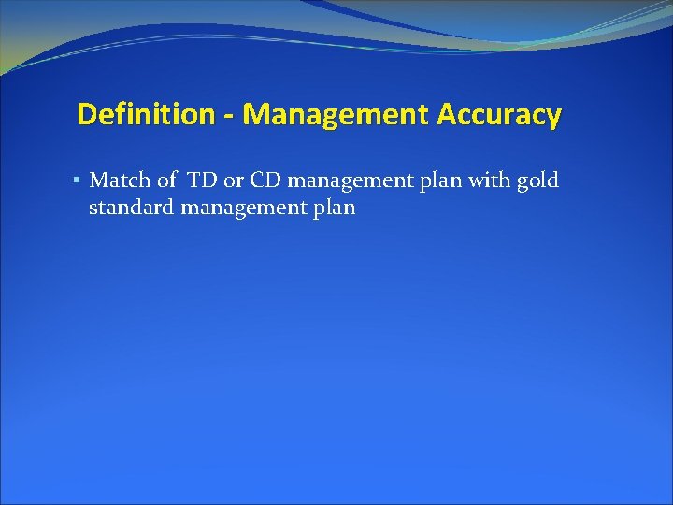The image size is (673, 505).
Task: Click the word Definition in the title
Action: (x=146, y=115)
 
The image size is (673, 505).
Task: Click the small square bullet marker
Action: (x=78, y=180)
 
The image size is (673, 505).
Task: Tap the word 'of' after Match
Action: (x=165, y=180)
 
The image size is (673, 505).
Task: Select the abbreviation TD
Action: (x=200, y=180)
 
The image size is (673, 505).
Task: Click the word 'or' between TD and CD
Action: (x=232, y=180)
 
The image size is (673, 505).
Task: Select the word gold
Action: (x=537, y=180)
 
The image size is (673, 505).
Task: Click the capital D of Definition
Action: (x=86, y=115)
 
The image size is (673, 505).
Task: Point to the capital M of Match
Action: (x=97, y=180)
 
